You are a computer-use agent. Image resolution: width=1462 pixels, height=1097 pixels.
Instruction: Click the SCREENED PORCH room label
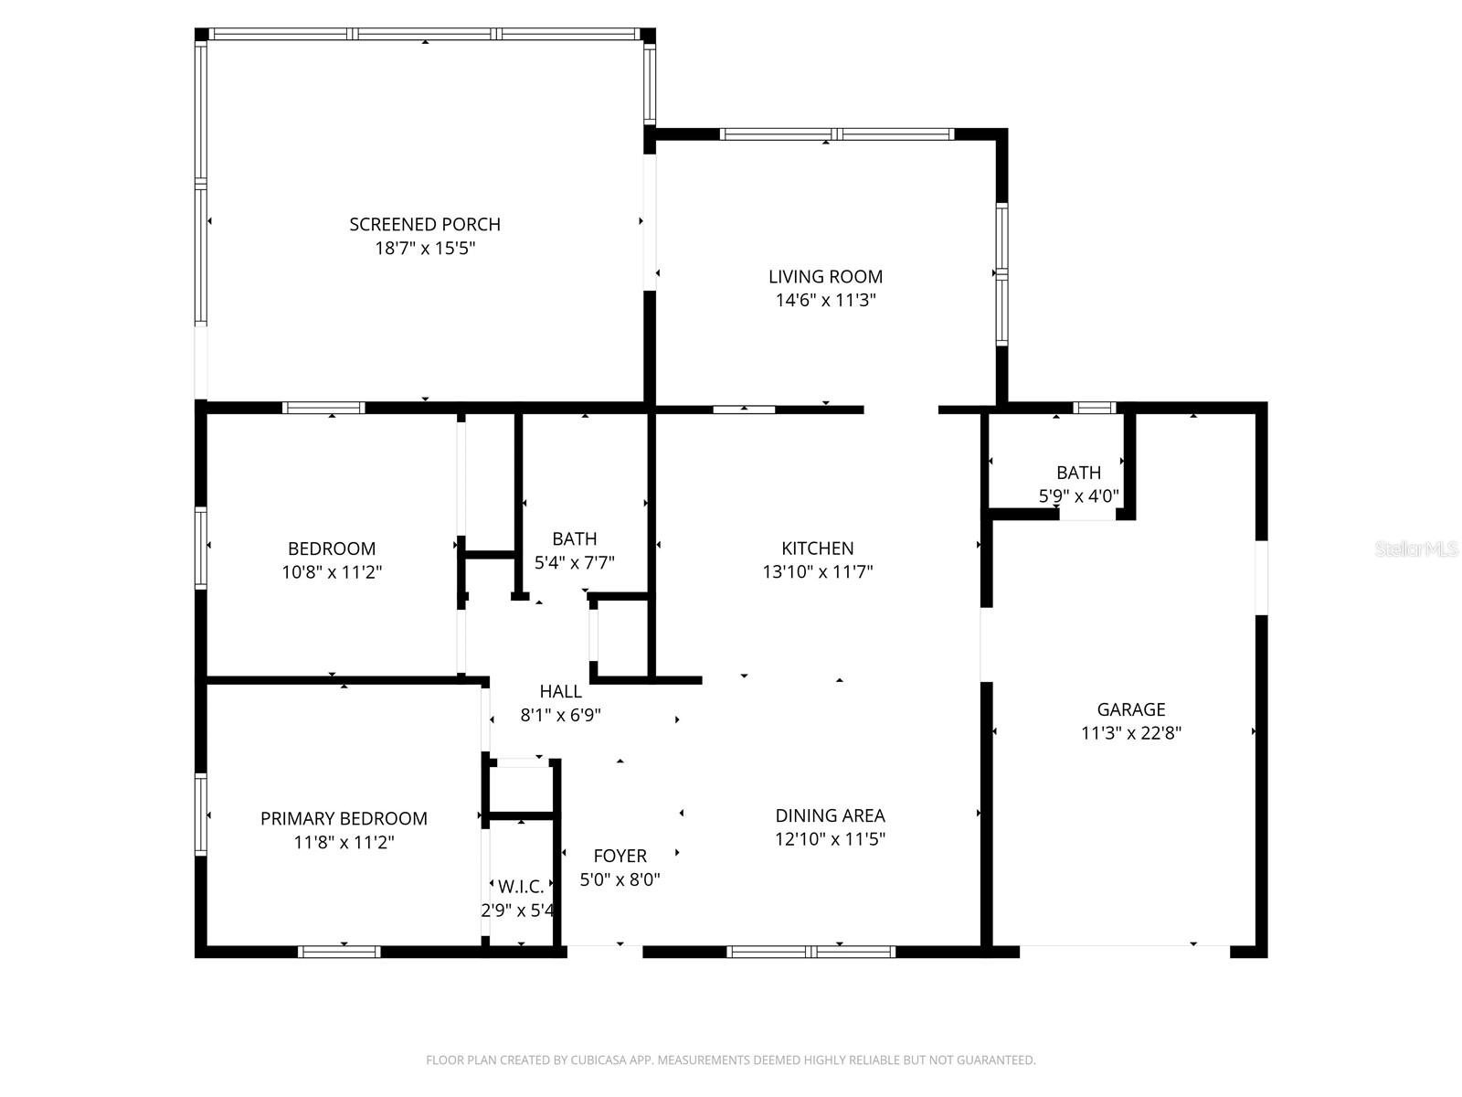click(x=425, y=224)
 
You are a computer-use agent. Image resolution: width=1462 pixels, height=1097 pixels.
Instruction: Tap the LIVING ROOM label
click(x=825, y=276)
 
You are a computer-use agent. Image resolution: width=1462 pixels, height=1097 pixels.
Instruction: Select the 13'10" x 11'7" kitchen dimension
click(x=818, y=572)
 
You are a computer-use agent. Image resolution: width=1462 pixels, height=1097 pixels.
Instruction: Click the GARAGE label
click(x=1131, y=709)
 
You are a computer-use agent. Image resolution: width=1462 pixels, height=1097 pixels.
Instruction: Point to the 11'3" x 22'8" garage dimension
click(x=1131, y=733)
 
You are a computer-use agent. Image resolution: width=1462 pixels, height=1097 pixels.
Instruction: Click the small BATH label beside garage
click(x=1078, y=473)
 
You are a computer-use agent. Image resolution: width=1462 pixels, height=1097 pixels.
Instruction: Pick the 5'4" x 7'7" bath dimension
click(x=574, y=563)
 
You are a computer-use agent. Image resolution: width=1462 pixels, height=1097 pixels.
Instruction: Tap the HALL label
click(x=560, y=691)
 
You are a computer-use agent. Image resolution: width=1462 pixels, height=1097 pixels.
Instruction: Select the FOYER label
click(x=620, y=856)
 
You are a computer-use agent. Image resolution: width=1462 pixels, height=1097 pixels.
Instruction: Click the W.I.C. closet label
click(x=521, y=886)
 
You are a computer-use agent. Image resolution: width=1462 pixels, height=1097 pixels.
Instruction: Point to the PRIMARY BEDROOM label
click(x=344, y=818)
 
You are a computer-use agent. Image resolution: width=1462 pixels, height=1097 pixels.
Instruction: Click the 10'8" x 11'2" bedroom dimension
click(x=332, y=572)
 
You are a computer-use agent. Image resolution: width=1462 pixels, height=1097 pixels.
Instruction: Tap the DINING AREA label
click(x=830, y=815)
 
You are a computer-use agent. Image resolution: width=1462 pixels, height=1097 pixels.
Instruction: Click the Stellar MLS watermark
click(x=1416, y=549)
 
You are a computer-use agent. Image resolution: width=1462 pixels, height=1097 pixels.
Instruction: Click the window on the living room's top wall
click(x=837, y=134)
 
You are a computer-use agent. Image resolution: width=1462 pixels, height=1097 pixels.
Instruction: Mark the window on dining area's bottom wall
click(x=810, y=952)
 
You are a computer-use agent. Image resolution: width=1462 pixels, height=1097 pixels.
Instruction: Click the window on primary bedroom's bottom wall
click(x=339, y=952)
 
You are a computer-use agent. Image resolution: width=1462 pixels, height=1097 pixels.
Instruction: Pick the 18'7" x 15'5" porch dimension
click(x=425, y=248)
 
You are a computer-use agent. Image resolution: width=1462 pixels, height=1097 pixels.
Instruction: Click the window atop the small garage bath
click(x=1094, y=408)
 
